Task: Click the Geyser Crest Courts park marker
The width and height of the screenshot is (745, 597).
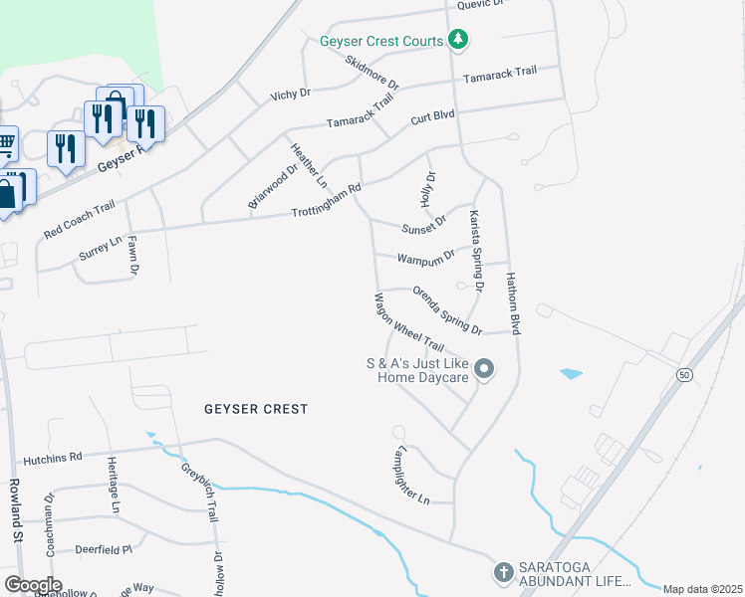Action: coord(457,40)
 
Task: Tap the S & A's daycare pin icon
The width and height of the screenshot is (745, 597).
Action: coord(484,370)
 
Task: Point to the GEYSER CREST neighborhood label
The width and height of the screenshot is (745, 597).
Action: coord(256,409)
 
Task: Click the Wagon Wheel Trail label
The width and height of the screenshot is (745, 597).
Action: coord(408,321)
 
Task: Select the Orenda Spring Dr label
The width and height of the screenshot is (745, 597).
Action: coord(447,310)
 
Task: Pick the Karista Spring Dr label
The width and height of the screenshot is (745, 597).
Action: coord(477,250)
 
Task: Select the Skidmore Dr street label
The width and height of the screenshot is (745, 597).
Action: coord(372,71)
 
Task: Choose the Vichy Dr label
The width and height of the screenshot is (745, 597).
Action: coord(291,94)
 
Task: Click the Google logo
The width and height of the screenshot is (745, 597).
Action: coord(33,585)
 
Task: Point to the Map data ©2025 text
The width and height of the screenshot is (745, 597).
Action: coord(702,589)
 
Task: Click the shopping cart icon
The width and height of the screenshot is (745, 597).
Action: coord(6,143)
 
